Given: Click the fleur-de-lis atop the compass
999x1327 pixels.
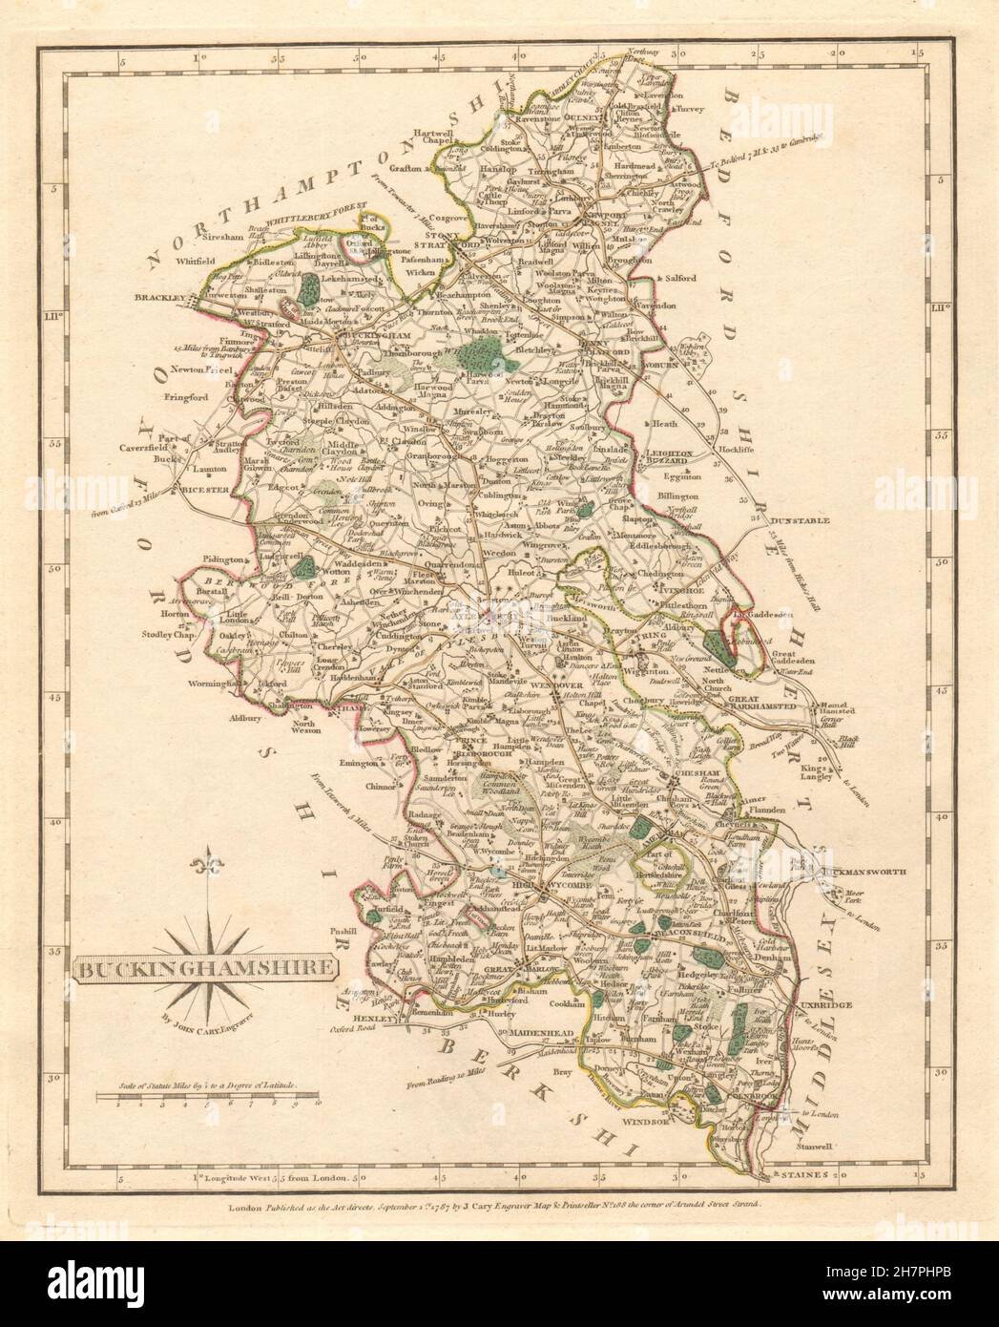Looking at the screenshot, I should tap(203, 868).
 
